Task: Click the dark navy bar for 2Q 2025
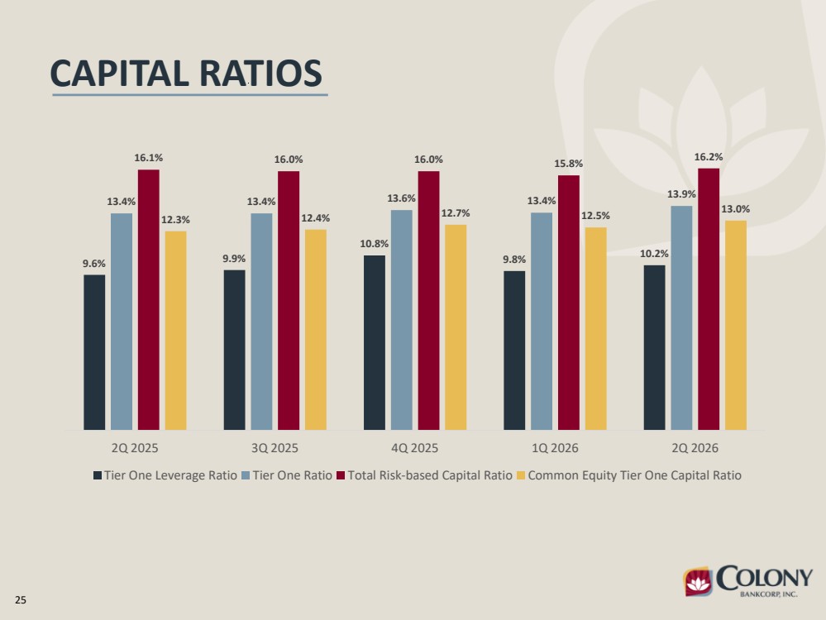[x=94, y=352]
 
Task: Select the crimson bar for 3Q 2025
[x=289, y=300]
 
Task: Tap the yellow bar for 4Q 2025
[x=456, y=327]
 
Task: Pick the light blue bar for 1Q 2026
[x=542, y=322]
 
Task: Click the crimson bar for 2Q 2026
[x=709, y=299]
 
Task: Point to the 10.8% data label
[x=375, y=244]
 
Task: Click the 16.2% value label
[x=709, y=157]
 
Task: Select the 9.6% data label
[x=94, y=264]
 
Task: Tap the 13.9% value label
[x=681, y=194]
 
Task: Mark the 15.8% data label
[x=568, y=164]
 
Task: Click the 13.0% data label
[x=735, y=209]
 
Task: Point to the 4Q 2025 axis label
[x=414, y=448]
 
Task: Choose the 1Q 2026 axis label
[x=555, y=448]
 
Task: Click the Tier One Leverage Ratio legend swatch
[x=98, y=475]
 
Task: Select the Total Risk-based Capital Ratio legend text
[x=430, y=475]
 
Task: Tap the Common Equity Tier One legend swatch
[x=521, y=475]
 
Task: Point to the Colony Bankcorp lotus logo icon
[x=698, y=581]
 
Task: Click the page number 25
[x=21, y=600]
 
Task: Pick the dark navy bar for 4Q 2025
[x=375, y=342]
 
